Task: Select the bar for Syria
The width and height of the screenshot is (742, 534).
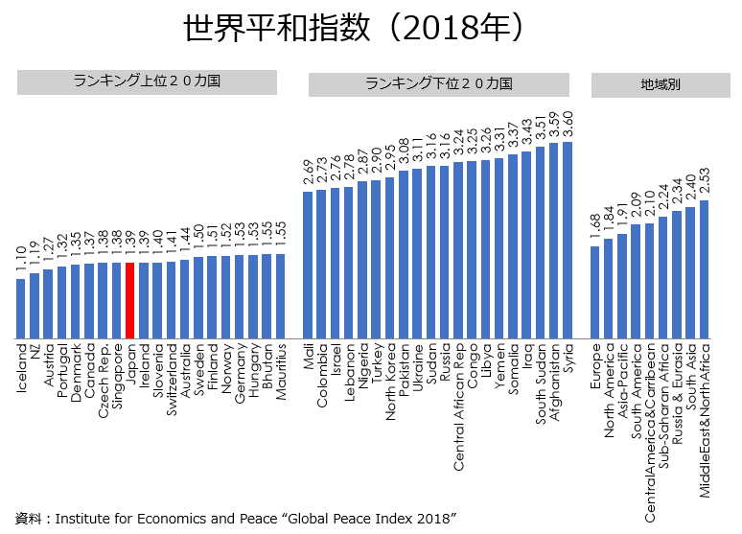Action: click(567, 240)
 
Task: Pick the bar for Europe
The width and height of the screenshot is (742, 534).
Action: click(594, 292)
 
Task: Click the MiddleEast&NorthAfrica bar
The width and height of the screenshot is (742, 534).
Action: click(704, 269)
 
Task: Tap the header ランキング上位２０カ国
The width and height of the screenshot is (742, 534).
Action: click(147, 82)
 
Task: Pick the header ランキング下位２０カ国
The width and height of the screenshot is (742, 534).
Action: click(438, 84)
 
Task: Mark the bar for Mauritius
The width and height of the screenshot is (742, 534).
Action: click(280, 296)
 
